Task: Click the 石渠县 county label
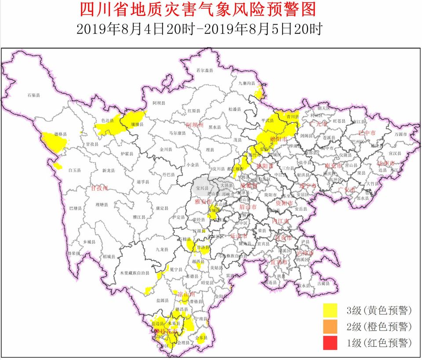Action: click(x=33, y=95)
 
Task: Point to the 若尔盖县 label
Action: click(x=204, y=70)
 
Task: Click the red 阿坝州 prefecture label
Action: click(x=195, y=125)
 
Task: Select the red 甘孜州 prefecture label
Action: click(x=99, y=188)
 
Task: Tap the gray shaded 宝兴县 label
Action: click(x=201, y=188)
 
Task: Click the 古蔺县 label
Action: click(x=323, y=284)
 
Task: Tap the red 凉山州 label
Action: click(x=186, y=294)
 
